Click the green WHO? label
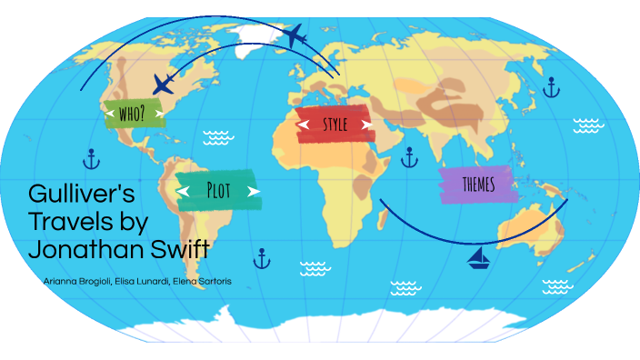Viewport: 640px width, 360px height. (135, 112)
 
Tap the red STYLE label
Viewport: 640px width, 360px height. (335, 124)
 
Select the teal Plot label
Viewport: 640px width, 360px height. (217, 190)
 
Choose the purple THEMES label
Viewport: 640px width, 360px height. (478, 185)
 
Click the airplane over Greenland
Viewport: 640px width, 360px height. (295, 36)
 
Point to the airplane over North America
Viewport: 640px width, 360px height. (164, 85)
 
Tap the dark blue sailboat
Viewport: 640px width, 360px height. (478, 261)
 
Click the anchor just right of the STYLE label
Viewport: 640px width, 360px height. (409, 158)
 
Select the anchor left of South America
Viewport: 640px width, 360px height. (90, 160)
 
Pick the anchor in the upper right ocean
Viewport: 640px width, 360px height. (551, 87)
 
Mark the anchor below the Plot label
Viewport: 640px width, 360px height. (262, 258)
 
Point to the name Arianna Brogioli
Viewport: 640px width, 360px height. (74, 281)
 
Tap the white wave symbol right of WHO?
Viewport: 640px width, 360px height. (218, 137)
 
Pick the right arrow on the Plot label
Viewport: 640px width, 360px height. (252, 191)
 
